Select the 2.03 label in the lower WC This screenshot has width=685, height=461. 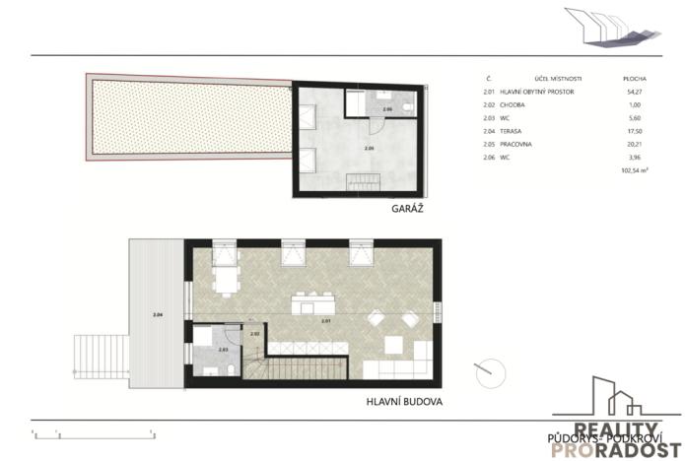point(224,349)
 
